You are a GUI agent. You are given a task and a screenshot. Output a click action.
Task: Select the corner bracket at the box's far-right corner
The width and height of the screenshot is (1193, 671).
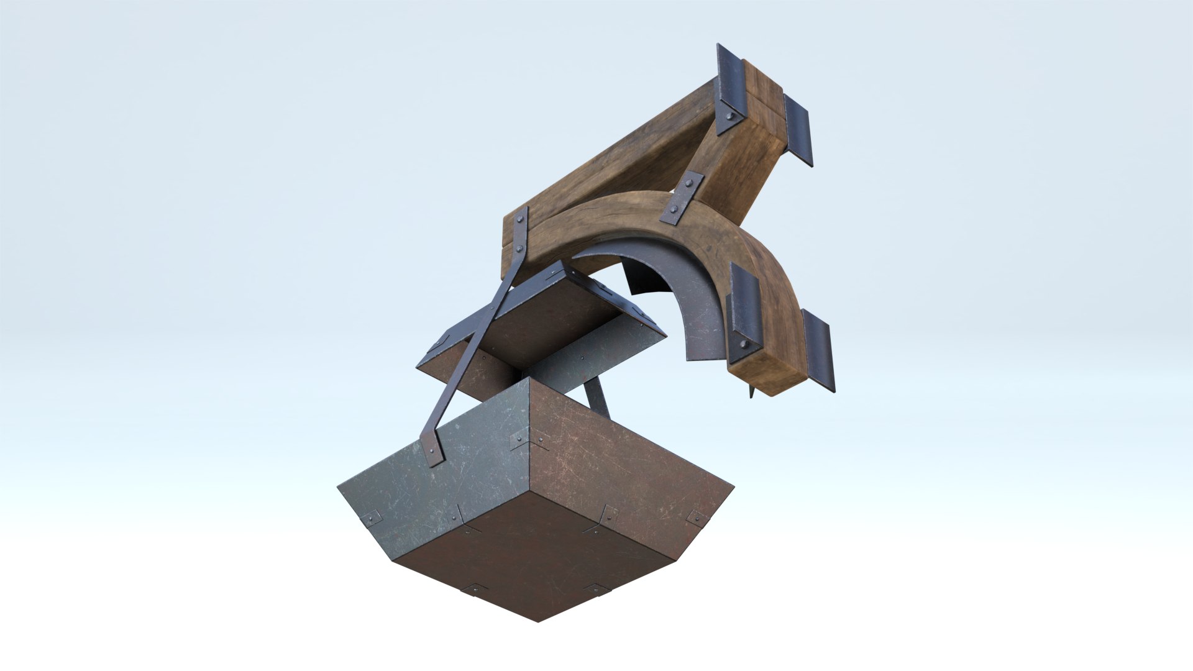[x=697, y=517]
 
